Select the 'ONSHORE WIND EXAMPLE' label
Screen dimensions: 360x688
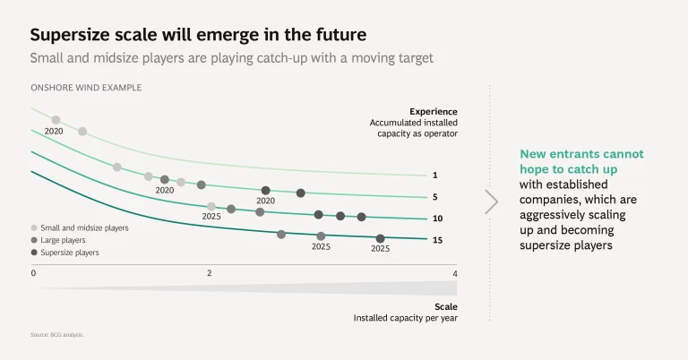click(86, 88)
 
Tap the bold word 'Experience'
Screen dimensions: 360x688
click(434, 112)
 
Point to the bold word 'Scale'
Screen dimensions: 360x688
click(445, 305)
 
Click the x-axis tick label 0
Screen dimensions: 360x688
click(33, 273)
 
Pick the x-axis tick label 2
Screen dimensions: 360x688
click(210, 273)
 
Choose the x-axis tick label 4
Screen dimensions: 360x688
click(454, 273)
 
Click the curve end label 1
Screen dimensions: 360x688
click(434, 176)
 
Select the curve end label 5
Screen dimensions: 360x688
click(434, 197)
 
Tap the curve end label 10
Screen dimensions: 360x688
click(437, 219)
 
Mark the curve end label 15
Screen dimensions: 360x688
click(437, 240)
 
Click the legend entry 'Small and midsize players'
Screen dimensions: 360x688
click(84, 228)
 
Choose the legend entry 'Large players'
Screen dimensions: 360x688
click(63, 240)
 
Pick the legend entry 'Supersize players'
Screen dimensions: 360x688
click(69, 253)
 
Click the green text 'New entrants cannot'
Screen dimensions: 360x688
click(581, 154)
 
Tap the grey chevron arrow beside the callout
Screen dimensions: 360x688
click(491, 201)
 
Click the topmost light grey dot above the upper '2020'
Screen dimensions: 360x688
click(56, 120)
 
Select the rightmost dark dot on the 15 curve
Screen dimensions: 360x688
click(381, 238)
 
